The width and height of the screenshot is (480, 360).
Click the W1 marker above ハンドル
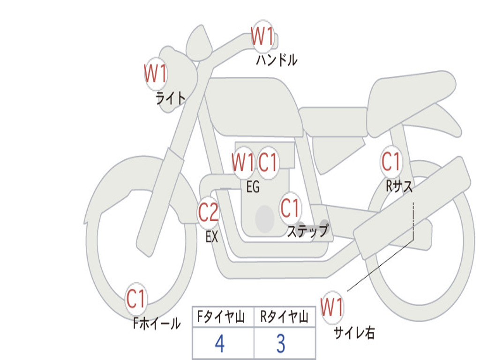coord(262,37)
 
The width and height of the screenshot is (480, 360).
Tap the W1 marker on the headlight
coord(156,74)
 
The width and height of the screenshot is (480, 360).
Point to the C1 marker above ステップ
coord(290,208)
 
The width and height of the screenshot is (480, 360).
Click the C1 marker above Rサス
coord(391,161)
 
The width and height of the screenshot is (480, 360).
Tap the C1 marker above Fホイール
coord(136,299)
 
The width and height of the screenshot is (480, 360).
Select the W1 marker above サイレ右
coord(332,307)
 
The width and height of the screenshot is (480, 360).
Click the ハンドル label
coord(277,60)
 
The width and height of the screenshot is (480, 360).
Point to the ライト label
coord(171,98)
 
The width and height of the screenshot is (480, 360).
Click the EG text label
coord(253,187)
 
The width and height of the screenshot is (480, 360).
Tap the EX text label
coord(212,237)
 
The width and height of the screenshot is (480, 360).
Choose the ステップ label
coord(307,231)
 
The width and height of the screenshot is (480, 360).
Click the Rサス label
coord(399,186)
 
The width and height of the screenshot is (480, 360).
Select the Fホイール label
coord(157,323)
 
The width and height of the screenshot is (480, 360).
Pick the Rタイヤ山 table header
coord(284,317)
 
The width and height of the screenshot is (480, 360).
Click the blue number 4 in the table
coord(220,343)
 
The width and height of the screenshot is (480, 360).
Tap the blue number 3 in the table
coord(281,343)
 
